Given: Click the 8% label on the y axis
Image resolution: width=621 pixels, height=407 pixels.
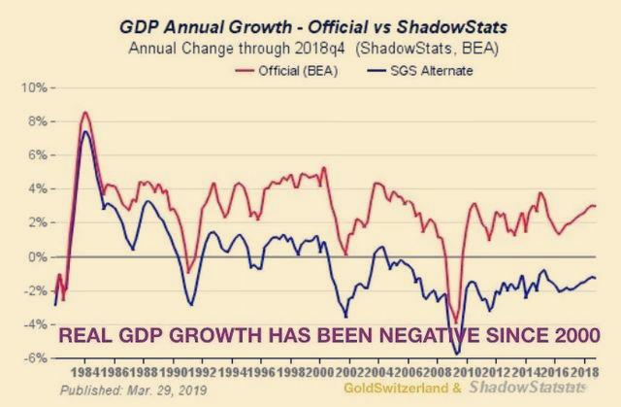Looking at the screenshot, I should tap(36, 121).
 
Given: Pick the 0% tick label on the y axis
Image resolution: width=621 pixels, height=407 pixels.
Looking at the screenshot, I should tap(36, 256).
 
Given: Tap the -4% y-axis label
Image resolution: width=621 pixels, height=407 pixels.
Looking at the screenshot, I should tap(36, 324).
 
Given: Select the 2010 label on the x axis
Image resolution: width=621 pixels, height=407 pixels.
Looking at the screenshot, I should tap(466, 372).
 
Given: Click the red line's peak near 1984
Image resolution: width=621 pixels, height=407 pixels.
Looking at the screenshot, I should tap(85, 113).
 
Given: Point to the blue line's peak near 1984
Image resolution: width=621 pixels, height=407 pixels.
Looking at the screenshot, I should tap(85, 131).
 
